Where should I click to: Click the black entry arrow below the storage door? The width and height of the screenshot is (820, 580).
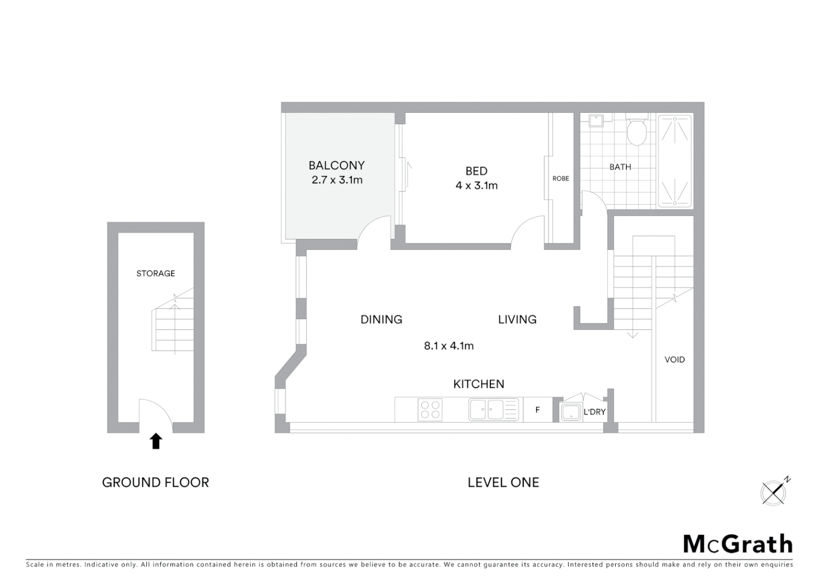pos(156,441)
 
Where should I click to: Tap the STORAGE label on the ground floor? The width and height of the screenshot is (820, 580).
pos(156,273)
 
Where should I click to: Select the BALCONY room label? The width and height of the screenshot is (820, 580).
pos(336,165)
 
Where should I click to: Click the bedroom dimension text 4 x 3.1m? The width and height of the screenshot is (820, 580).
pos(477,186)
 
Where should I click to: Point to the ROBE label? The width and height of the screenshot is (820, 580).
pos(561,178)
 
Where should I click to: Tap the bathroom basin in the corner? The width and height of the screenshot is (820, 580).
pos(596,120)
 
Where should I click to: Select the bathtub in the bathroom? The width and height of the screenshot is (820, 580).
pos(675,161)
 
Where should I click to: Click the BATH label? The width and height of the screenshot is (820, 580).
pos(620,167)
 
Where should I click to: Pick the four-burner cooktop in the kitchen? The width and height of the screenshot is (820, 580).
pos(430,410)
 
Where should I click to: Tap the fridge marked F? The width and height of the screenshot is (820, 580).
pos(537,410)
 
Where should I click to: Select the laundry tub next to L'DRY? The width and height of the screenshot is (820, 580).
pos(570,412)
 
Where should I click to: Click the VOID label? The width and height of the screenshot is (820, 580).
pos(675,360)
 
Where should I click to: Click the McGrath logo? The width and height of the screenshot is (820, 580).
pos(738,544)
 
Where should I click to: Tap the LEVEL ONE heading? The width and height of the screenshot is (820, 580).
pos(503,482)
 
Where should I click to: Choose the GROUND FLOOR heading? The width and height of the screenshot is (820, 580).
pos(156,482)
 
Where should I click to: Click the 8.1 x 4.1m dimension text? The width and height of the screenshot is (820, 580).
pos(449,346)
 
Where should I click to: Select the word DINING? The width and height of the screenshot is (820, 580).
pos(381,320)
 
